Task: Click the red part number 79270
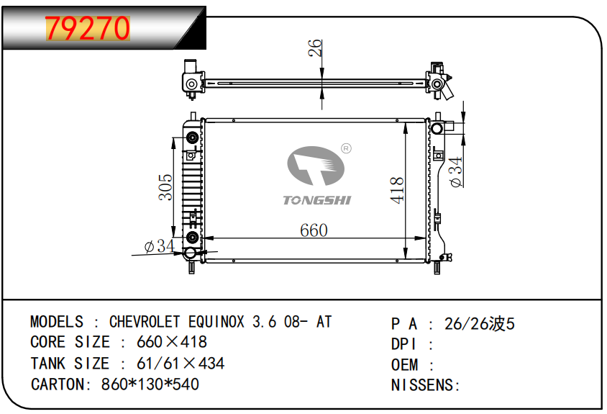88,28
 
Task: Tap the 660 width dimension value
314,230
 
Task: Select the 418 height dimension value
397,190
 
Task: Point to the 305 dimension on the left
165,187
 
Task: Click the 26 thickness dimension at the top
315,48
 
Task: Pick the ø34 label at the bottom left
159,246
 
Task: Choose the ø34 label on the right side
456,172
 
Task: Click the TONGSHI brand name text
317,200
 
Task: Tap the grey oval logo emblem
316,166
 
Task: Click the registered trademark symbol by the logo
346,148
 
